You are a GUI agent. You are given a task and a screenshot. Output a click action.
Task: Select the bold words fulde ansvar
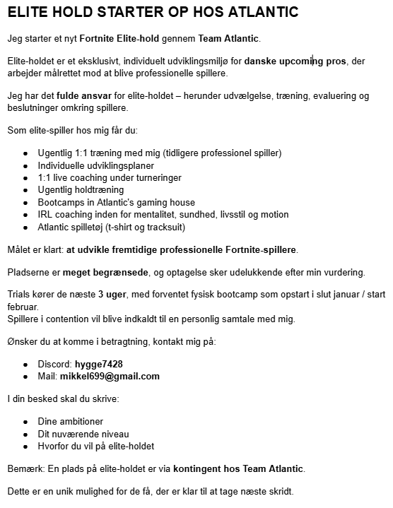[x=81, y=95]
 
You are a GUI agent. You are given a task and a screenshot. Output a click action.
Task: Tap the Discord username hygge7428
[x=99, y=364]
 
